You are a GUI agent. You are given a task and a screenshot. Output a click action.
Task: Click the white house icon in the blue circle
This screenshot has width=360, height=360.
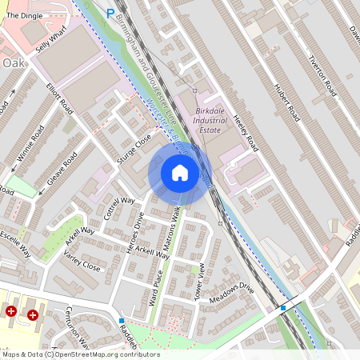(x=180, y=172)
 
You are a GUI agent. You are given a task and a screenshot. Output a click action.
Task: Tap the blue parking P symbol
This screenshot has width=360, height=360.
(x=110, y=12)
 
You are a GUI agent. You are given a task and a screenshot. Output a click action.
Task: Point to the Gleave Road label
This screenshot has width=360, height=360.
(x=60, y=170)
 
